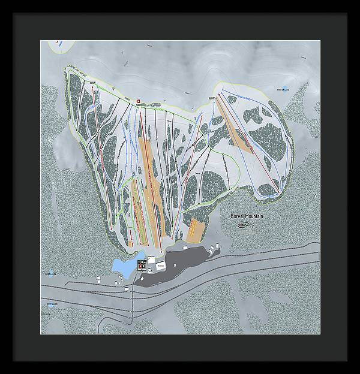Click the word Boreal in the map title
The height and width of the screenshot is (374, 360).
tap(239, 216)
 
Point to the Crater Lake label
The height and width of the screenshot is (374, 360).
tap(283, 89)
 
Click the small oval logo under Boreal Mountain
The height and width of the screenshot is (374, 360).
tap(244, 225)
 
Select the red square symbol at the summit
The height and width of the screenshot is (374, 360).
tap(138, 100)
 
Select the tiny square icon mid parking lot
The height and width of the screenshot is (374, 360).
tap(173, 264)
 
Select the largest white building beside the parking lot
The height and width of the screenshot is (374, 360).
tap(160, 264)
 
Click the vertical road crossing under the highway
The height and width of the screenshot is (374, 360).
tap(132, 306)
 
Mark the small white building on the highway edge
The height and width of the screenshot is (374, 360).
tap(127, 288)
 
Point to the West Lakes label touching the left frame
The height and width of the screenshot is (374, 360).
tap(46, 314)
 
